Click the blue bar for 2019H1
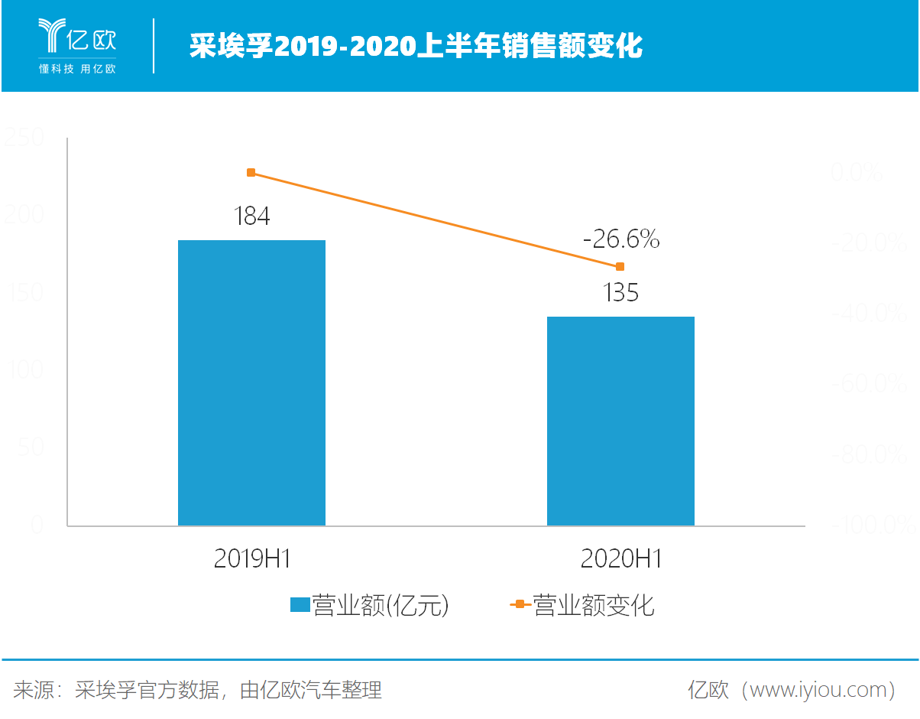pyautogui.click(x=251, y=382)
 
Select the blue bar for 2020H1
pyautogui.click(x=620, y=421)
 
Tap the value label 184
pyautogui.click(x=251, y=216)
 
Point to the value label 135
pyautogui.click(x=620, y=292)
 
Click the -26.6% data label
pyautogui.click(x=620, y=240)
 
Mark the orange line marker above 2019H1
pyautogui.click(x=251, y=173)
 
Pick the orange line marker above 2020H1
pyautogui.click(x=620, y=266)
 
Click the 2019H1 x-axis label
pyautogui.click(x=252, y=559)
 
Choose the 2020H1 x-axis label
pyautogui.click(x=620, y=559)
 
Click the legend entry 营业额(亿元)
pyautogui.click(x=369, y=606)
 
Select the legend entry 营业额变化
pyautogui.click(x=582, y=606)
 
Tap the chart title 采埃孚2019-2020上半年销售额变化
pyautogui.click(x=416, y=47)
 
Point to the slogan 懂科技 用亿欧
pyautogui.click(x=77, y=69)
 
